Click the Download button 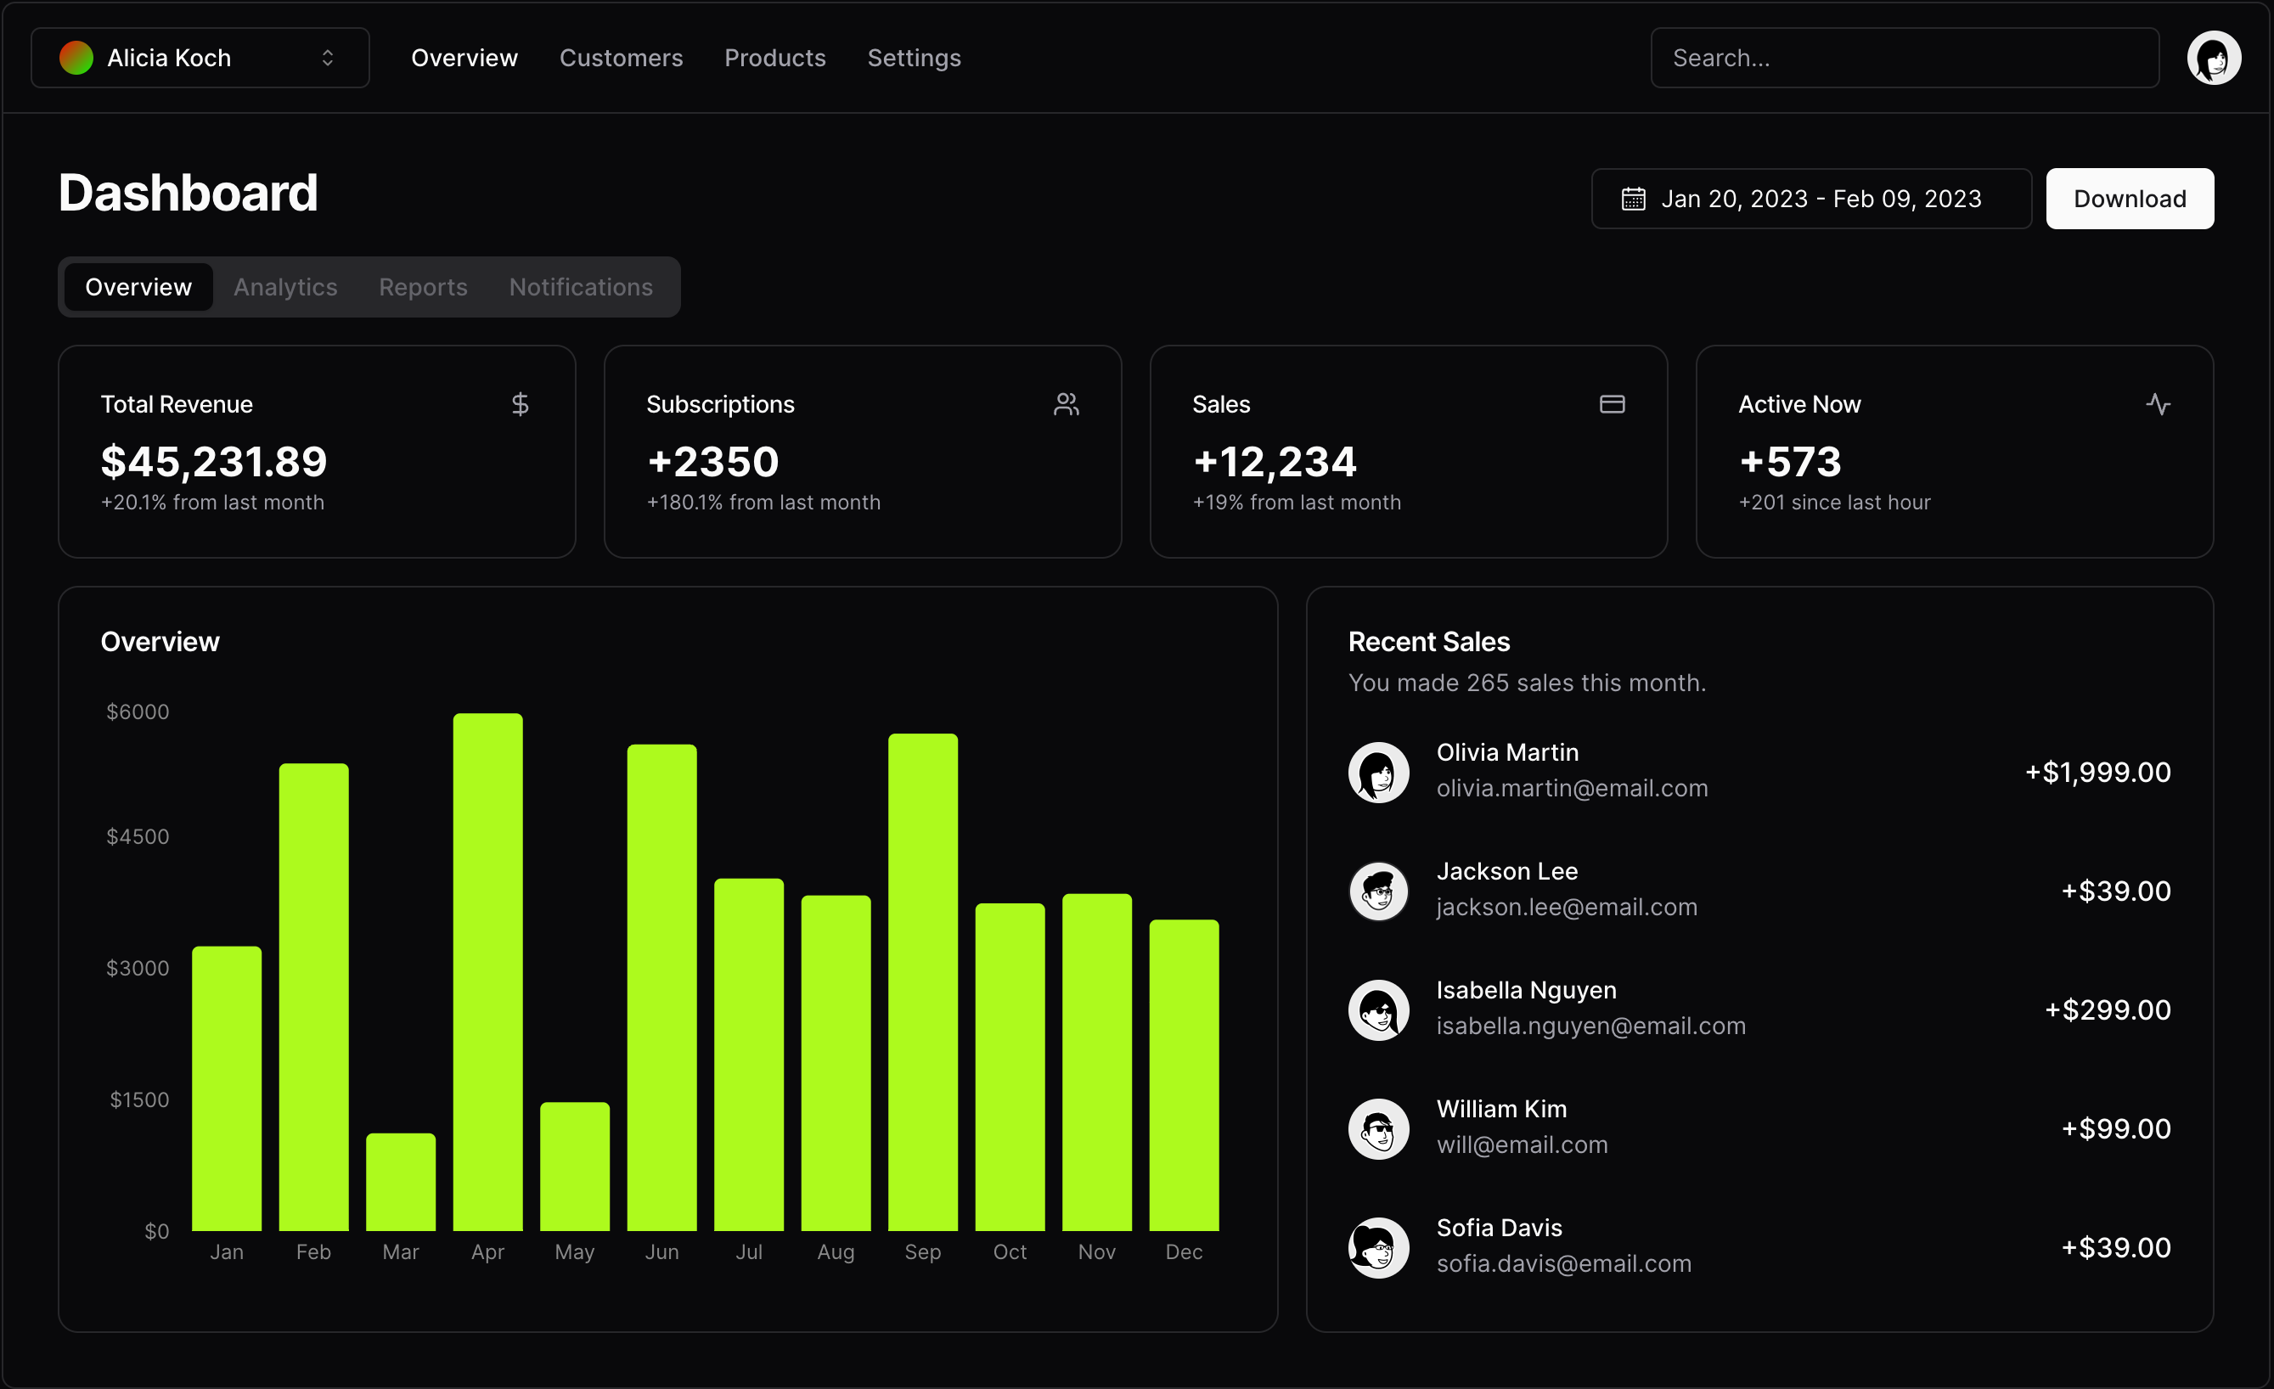tap(2129, 199)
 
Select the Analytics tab tap(285, 287)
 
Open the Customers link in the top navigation tap(620, 58)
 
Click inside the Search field tap(1903, 58)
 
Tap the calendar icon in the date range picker tap(1633, 199)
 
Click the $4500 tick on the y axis tap(138, 836)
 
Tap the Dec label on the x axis tap(1183, 1251)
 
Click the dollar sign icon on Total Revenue tap(520, 404)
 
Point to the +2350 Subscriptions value tap(712, 462)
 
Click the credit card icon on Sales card tap(1612, 404)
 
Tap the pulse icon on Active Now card tap(2157, 404)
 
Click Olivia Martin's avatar tap(1378, 772)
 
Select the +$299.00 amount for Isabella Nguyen tap(2107, 1009)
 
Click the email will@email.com tap(1521, 1144)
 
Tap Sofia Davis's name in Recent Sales tap(1499, 1228)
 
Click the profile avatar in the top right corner tap(2213, 58)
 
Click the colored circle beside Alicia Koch tap(76, 58)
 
